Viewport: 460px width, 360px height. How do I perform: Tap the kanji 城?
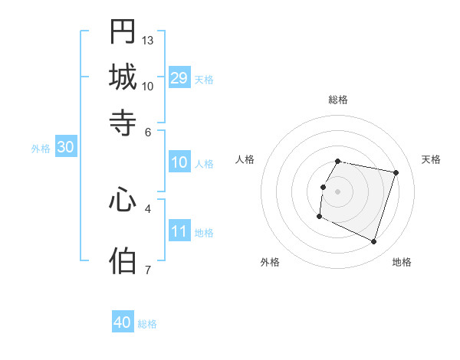point(123,77)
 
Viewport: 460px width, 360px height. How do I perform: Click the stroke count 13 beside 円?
point(148,40)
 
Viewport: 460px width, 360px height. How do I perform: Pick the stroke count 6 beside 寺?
point(148,131)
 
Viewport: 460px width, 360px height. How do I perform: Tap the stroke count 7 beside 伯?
point(148,270)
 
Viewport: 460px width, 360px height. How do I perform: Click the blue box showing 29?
point(179,78)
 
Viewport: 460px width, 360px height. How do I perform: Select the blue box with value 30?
point(65,148)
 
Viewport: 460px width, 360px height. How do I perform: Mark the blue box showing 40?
point(123,322)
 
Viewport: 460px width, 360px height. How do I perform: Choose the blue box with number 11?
point(179,231)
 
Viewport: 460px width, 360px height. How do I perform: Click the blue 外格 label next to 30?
point(41,149)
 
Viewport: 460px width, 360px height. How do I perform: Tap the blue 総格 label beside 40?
point(147,324)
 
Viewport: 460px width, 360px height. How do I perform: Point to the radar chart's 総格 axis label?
point(338,100)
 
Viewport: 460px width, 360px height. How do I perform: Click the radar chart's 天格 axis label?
point(431,159)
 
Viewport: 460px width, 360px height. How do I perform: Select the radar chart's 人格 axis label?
point(245,159)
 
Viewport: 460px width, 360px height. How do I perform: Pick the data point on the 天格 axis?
point(396,173)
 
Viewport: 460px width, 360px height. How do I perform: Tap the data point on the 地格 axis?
point(373,241)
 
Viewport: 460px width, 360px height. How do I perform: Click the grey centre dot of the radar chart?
point(338,191)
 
